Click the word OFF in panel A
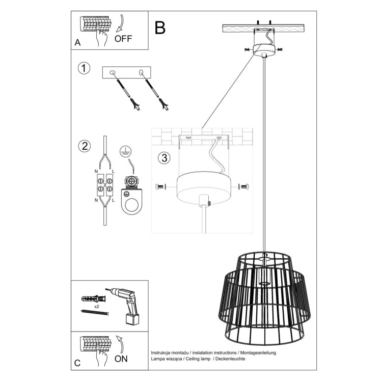[123, 38]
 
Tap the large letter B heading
[160, 28]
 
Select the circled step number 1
[85, 68]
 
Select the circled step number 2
[85, 146]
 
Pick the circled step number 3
[163, 158]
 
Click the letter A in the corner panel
[77, 43]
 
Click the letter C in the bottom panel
[77, 363]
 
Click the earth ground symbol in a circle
[124, 150]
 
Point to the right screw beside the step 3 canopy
[244, 187]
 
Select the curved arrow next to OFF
[120, 24]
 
